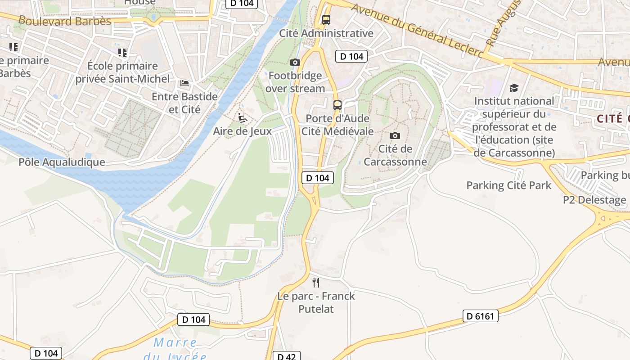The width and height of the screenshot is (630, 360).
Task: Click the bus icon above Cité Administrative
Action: click(x=326, y=20)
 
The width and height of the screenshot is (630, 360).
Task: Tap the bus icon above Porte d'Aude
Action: click(x=337, y=105)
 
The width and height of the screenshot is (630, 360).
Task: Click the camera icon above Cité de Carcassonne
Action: click(x=395, y=135)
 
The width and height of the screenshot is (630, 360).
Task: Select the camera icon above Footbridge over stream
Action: click(x=295, y=62)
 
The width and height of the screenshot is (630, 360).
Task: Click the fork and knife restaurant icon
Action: click(x=316, y=283)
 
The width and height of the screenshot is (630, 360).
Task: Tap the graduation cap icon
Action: click(x=514, y=88)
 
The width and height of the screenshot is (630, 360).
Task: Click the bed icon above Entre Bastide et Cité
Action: click(x=184, y=83)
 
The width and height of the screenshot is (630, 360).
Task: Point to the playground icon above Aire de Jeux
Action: click(x=243, y=118)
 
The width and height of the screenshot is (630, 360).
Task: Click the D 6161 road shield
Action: click(x=481, y=316)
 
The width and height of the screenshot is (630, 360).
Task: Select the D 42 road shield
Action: click(x=286, y=356)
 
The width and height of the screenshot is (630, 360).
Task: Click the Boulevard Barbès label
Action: click(x=65, y=21)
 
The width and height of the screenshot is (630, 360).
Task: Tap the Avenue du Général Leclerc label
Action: click(x=417, y=31)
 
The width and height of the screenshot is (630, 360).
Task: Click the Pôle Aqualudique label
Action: click(x=62, y=162)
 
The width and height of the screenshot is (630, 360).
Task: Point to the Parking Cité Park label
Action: click(x=508, y=185)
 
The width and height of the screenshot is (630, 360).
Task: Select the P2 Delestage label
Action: click(x=594, y=200)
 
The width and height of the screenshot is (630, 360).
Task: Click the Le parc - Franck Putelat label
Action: click(x=316, y=302)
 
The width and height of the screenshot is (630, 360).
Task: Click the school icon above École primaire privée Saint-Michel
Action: click(x=122, y=53)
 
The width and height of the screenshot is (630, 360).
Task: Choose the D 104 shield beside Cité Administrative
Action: click(x=351, y=56)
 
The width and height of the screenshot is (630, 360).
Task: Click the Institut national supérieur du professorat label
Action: click(x=514, y=127)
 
